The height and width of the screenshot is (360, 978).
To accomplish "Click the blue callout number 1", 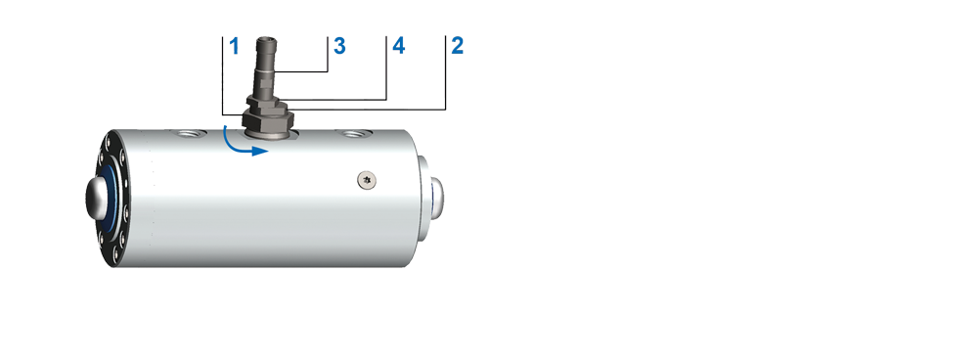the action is click(x=235, y=46).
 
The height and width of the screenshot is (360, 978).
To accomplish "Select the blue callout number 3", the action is click(x=339, y=46).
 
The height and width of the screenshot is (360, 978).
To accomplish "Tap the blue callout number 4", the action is click(x=399, y=46).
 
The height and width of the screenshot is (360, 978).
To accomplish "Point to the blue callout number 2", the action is click(x=457, y=46).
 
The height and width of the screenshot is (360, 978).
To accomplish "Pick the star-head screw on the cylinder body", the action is click(x=367, y=180).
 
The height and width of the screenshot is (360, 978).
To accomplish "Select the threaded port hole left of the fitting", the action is click(x=187, y=133).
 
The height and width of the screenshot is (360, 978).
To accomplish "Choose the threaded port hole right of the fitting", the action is click(x=354, y=133).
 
